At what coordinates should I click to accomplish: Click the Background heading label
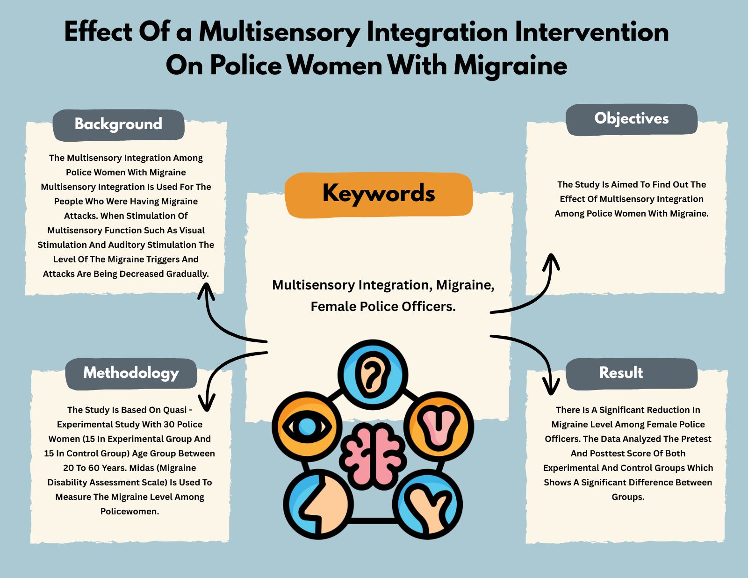[118, 124]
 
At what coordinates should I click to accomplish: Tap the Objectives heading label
[631, 119]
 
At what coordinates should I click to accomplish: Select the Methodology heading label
[131, 373]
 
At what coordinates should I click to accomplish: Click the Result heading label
[621, 373]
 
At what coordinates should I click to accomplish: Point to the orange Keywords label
[379, 194]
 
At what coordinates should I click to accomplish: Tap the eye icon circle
[307, 426]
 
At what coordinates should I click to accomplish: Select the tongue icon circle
[439, 426]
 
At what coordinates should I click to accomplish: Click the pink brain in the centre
[373, 455]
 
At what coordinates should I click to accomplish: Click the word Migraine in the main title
[510, 65]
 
